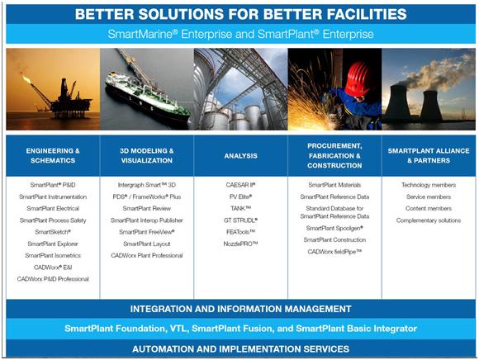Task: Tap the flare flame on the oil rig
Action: tap(26, 80)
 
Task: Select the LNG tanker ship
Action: tap(147, 97)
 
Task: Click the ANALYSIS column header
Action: tap(240, 156)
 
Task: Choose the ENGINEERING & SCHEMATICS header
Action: tap(53, 155)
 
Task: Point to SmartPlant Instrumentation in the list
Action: tap(53, 197)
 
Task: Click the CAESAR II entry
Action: tap(240, 185)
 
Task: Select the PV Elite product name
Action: tap(240, 197)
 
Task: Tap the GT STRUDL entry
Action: tap(240, 220)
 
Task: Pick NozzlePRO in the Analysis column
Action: tap(240, 244)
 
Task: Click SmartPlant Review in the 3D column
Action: tap(147, 209)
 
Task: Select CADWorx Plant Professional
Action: tap(147, 256)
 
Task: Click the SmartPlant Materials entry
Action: tap(334, 185)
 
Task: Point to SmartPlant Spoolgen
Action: tap(334, 229)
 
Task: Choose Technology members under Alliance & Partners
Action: tap(429, 185)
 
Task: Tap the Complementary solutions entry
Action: tap(429, 220)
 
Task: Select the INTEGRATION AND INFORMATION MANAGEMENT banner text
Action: tap(240, 309)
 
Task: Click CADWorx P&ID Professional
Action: tap(53, 279)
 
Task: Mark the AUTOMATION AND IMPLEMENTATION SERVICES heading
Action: tap(240, 349)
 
